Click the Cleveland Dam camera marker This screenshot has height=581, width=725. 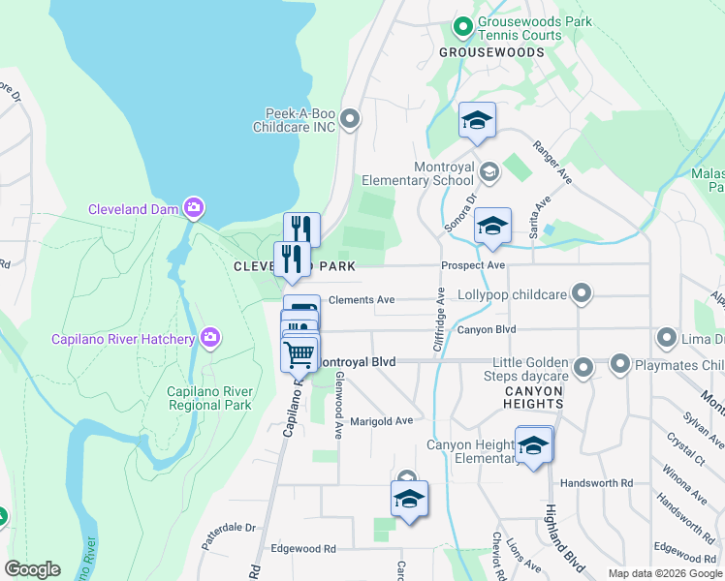[194, 208]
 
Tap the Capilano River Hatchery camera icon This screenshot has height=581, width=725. [209, 338]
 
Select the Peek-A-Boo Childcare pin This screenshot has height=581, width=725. [351, 119]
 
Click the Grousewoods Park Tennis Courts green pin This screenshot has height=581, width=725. [463, 25]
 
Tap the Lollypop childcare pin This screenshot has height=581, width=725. [582, 292]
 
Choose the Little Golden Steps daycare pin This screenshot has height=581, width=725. [583, 367]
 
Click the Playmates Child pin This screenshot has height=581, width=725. [620, 365]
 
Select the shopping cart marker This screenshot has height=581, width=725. [299, 353]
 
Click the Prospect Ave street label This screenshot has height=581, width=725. [473, 265]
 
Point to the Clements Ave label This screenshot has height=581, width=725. [362, 300]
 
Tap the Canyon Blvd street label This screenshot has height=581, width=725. [485, 330]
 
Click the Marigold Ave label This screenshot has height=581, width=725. [382, 421]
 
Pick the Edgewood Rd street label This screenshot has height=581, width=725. [303, 548]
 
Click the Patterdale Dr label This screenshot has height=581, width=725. [228, 529]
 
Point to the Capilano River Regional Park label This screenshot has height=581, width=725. [196, 398]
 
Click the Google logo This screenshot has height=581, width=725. [32, 569]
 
